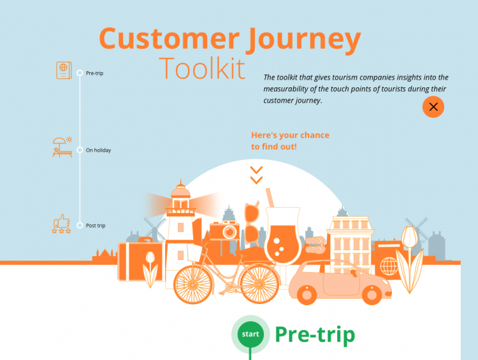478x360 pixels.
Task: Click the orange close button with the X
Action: tap(433, 107)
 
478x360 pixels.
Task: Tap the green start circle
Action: tap(250, 334)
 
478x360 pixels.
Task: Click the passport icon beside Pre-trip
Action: tap(64, 70)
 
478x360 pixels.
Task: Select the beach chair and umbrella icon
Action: tap(62, 147)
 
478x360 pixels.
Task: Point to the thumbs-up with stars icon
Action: tap(62, 224)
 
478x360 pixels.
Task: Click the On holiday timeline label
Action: tap(98, 150)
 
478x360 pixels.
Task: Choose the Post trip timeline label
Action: tap(96, 226)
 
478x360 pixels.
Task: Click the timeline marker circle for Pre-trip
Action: tap(80, 73)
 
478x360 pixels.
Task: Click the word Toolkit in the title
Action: tap(202, 68)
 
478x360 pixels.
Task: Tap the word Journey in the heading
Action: tap(303, 40)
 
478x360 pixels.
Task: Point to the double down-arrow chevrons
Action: tap(256, 175)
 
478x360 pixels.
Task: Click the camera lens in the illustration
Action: tap(229, 232)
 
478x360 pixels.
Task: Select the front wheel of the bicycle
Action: tap(259, 284)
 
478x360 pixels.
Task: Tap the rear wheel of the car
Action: tap(307, 295)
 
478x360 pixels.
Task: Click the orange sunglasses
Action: tap(252, 224)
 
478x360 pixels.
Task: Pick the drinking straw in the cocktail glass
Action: tap(270, 198)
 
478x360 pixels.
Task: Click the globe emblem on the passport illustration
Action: tap(389, 266)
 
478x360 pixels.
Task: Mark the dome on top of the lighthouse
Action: tap(180, 191)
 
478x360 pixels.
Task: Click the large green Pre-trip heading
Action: tap(315, 335)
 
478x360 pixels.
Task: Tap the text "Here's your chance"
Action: tap(290, 135)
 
